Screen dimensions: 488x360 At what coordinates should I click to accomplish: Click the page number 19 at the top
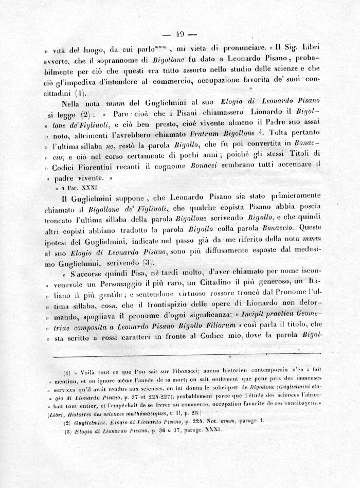click(180, 34)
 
